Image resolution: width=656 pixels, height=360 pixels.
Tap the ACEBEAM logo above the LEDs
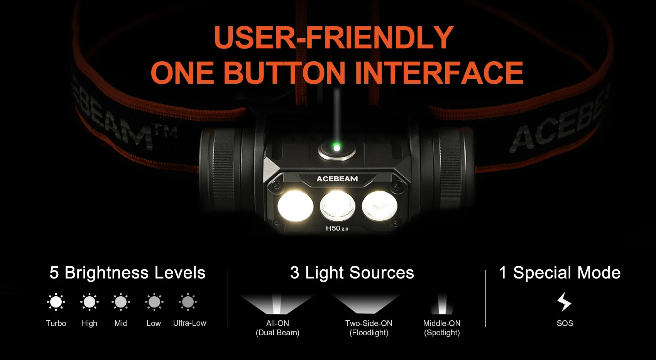(x=337, y=179)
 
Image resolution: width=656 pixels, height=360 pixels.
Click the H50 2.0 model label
(x=337, y=228)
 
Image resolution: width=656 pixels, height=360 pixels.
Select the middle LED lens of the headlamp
(x=337, y=206)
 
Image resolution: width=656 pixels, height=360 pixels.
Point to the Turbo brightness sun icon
(x=56, y=302)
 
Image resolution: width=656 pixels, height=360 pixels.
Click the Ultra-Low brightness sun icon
(x=188, y=302)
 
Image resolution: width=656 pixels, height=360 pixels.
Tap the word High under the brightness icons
(x=89, y=323)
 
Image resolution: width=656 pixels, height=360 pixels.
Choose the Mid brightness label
(x=121, y=323)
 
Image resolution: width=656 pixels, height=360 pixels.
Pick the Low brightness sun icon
(x=154, y=302)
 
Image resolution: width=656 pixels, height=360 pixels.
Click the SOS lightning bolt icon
(x=564, y=302)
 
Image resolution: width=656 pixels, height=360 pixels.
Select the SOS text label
(x=565, y=323)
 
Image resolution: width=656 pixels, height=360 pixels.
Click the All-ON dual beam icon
(x=277, y=304)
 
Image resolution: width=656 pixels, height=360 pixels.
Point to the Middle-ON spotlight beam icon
(x=441, y=304)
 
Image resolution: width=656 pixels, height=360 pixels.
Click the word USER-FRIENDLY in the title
(x=334, y=37)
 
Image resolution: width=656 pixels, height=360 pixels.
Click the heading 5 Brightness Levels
(x=127, y=273)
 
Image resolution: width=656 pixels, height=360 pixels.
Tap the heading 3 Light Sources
(x=352, y=273)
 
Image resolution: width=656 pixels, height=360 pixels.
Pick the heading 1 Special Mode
(x=560, y=273)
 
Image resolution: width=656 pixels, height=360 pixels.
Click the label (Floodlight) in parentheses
(x=369, y=333)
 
